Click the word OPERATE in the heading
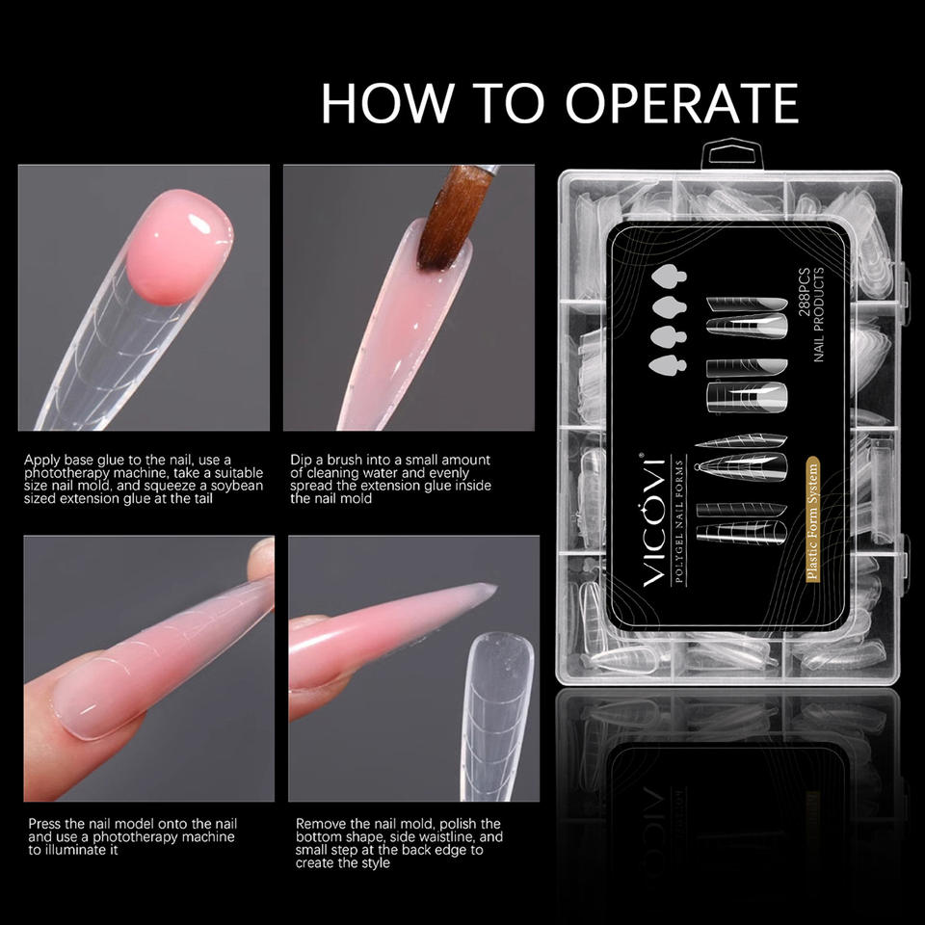(x=681, y=103)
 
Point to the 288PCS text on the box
(x=804, y=293)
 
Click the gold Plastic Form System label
(x=812, y=519)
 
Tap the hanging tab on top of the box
(x=732, y=154)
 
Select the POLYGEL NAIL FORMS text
(x=678, y=519)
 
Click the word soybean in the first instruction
(x=237, y=486)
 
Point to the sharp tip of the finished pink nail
(x=495, y=587)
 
